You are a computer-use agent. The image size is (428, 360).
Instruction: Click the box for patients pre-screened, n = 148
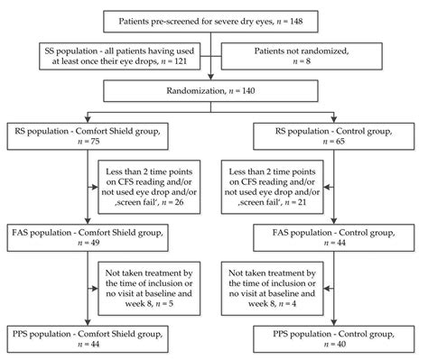coord(212,20)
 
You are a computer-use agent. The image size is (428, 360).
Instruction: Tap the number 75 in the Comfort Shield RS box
coord(45,142)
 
